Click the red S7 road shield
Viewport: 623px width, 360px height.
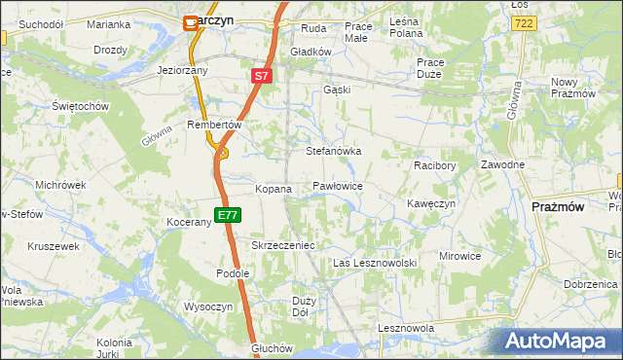261,75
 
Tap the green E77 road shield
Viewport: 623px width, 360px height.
228,215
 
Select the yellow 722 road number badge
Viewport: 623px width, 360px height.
525,22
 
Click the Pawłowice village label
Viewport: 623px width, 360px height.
338,185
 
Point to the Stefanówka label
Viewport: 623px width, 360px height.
334,152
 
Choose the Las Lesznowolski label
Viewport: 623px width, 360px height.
375,264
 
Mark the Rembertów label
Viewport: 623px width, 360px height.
214,125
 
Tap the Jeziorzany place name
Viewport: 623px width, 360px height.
183,71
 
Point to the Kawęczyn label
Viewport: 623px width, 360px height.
431,203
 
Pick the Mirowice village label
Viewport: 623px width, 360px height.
460,256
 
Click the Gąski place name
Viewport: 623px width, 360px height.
336,90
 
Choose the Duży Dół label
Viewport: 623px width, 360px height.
302,306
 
